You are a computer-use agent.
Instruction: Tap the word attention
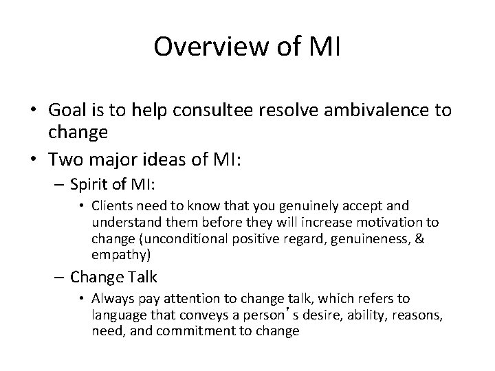233,299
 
